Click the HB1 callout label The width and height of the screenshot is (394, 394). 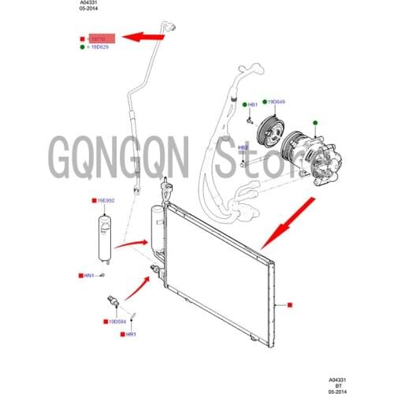tap(253, 105)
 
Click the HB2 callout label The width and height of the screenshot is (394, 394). tap(243, 147)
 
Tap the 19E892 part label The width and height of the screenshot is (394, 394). tap(106, 201)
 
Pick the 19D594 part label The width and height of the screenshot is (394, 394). tap(117, 322)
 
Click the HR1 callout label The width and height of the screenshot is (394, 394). tap(131, 334)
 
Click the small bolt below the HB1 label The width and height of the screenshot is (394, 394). tap(247, 121)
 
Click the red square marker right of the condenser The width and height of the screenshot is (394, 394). tap(290, 303)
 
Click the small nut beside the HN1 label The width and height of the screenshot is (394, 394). tap(103, 274)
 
